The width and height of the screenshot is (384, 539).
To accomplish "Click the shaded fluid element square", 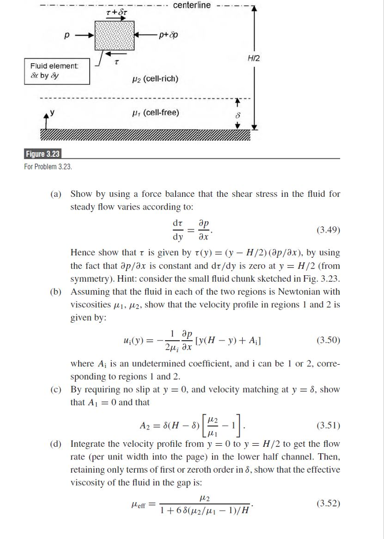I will click(114, 35).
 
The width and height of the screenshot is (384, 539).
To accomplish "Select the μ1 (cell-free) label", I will click(155, 113).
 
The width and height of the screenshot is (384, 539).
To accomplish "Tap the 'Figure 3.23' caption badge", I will click(43, 154).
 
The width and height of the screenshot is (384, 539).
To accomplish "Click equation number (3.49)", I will click(328, 230).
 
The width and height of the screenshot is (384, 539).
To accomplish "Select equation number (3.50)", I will click(328, 341).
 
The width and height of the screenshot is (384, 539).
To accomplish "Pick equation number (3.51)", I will click(328, 425).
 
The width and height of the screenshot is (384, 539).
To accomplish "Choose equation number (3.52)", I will click(328, 503).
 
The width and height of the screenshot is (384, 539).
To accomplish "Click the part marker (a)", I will click(56, 194).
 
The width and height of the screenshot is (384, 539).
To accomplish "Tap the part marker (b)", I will click(56, 292).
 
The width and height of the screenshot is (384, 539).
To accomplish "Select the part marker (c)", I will click(56, 390).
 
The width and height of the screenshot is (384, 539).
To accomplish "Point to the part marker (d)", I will click(56, 444).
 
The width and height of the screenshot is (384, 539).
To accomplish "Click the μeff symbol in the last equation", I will click(139, 504).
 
